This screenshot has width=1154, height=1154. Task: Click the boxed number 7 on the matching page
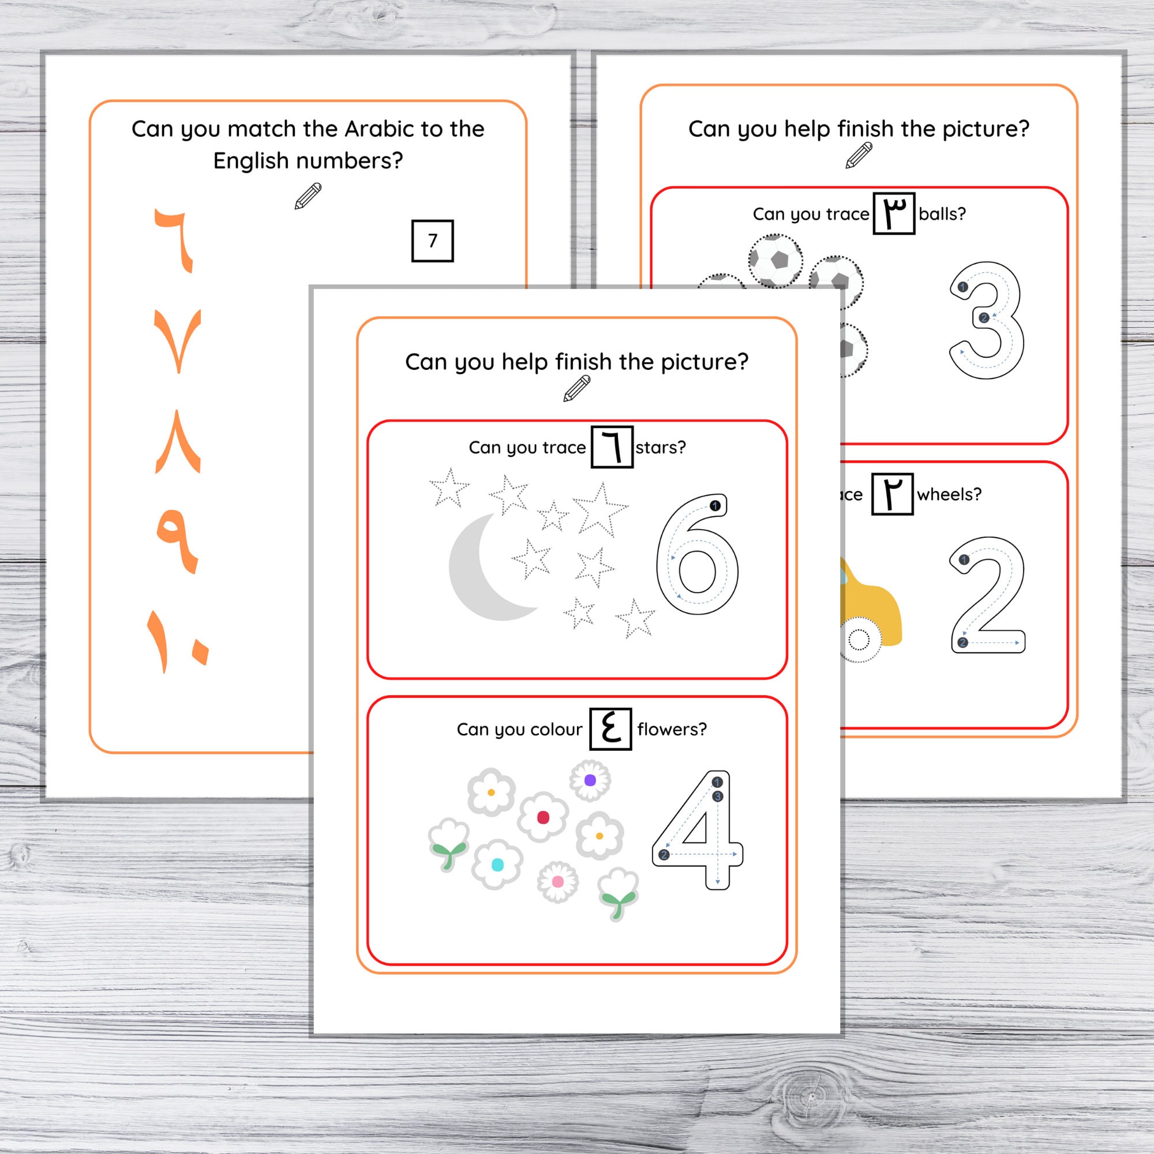click(x=432, y=241)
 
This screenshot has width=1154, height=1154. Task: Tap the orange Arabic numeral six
click(x=174, y=239)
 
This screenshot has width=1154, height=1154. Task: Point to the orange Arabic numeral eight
click(x=178, y=442)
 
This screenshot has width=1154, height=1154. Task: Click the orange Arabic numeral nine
click(x=178, y=541)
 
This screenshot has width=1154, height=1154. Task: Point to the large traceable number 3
click(x=987, y=320)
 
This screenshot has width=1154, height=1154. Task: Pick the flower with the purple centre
click(x=590, y=780)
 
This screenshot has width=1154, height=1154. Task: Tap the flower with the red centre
click(x=542, y=817)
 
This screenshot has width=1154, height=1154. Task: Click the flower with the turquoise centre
click(x=497, y=864)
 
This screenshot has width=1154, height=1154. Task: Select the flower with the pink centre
click(x=557, y=882)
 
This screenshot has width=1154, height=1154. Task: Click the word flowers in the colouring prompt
click(x=672, y=729)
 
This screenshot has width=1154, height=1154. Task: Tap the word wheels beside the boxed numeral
click(x=949, y=494)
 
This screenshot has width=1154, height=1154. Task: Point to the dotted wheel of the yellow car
click(x=859, y=641)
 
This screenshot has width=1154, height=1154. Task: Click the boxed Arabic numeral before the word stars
click(x=612, y=447)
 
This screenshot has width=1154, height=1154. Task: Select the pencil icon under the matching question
click(x=308, y=197)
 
